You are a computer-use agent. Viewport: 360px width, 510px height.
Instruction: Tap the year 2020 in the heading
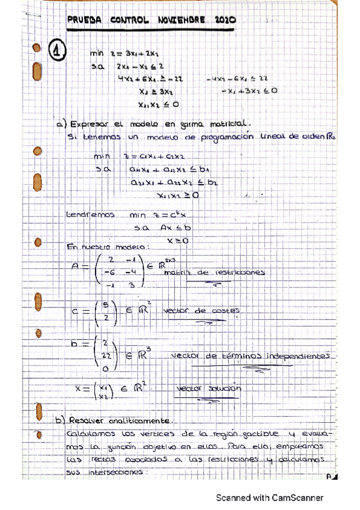tap(224, 20)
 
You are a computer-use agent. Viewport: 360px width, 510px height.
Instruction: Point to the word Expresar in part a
tap(91, 124)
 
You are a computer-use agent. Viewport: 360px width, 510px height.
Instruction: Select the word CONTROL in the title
tap(129, 20)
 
